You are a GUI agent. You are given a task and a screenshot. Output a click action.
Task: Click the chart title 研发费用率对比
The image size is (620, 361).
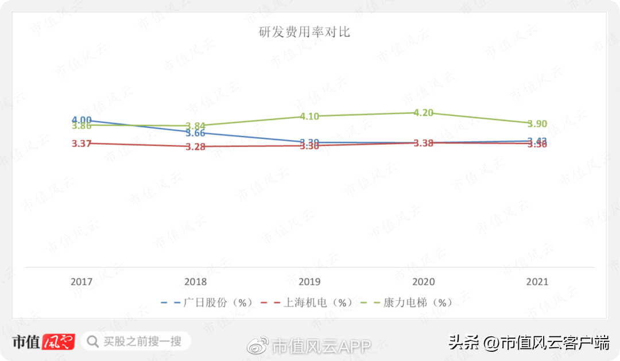304,32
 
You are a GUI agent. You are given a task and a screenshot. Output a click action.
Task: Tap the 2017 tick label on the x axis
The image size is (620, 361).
82,282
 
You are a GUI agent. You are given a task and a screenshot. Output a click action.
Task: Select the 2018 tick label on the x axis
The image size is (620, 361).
196,282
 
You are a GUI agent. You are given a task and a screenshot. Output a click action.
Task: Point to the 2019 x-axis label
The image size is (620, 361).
309,282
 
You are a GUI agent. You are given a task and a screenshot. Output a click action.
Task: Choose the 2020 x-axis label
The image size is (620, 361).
424,282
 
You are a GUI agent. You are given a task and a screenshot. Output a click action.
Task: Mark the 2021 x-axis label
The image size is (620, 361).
537,282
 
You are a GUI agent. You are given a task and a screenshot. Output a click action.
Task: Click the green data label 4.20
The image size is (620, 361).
424,112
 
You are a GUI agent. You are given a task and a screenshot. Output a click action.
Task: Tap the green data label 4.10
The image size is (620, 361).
309,117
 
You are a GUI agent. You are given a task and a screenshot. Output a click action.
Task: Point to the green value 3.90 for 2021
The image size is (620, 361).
537,124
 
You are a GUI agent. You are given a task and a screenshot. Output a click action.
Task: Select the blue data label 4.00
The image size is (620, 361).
82,120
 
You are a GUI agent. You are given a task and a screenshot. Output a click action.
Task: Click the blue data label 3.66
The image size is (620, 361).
195,133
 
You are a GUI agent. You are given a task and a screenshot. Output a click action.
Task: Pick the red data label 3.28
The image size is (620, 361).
196,147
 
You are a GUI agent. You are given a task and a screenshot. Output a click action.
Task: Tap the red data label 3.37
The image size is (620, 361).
82,143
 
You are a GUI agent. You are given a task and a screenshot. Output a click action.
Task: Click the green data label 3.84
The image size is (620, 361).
196,126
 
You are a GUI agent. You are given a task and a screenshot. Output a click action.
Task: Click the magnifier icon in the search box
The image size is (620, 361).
92,341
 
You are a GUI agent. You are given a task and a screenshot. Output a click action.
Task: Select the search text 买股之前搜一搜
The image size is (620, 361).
142,341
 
